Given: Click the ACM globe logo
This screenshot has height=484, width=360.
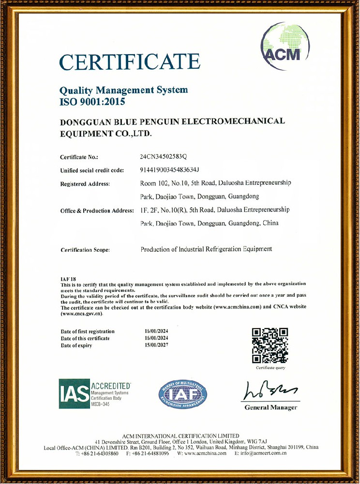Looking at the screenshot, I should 285,47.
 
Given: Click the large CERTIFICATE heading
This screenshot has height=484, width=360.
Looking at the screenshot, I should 130,62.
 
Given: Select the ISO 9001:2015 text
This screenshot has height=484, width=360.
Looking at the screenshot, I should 92,102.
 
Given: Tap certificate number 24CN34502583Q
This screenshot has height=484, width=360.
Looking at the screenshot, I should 166,157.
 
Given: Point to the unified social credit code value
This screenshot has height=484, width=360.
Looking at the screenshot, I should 170,170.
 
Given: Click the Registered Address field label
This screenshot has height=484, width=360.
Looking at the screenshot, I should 85,183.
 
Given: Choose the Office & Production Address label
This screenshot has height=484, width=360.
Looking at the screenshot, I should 97,211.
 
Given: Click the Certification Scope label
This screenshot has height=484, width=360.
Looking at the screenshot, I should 85,250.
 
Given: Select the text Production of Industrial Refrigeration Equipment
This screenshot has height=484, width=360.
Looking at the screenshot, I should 206,249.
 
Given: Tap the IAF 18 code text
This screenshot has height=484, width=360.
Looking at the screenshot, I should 66,279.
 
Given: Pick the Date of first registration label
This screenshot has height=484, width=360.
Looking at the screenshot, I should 88,331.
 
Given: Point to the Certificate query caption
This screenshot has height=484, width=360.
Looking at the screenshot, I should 270,368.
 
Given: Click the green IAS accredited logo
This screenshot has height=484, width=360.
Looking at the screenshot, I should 95,395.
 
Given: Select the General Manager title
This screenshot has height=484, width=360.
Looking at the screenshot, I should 271,408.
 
